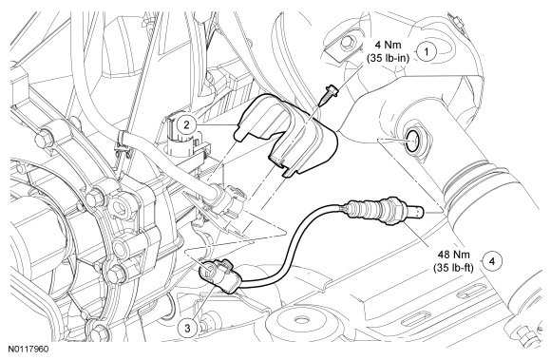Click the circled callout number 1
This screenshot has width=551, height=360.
[427, 52]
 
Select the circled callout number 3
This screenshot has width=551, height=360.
[187, 329]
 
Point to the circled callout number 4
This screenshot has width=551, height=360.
[492, 261]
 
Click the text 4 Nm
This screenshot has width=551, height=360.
[388, 45]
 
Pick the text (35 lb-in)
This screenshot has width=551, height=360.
[389, 58]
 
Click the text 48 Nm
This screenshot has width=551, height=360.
[453, 255]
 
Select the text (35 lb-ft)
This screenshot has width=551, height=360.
[453, 268]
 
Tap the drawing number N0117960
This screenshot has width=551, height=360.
[28, 350]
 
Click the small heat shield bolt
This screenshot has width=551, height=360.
[328, 94]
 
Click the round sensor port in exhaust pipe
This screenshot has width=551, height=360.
[414, 140]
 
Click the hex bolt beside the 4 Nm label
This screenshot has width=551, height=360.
[347, 43]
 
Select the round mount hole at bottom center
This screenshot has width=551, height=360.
[300, 320]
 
